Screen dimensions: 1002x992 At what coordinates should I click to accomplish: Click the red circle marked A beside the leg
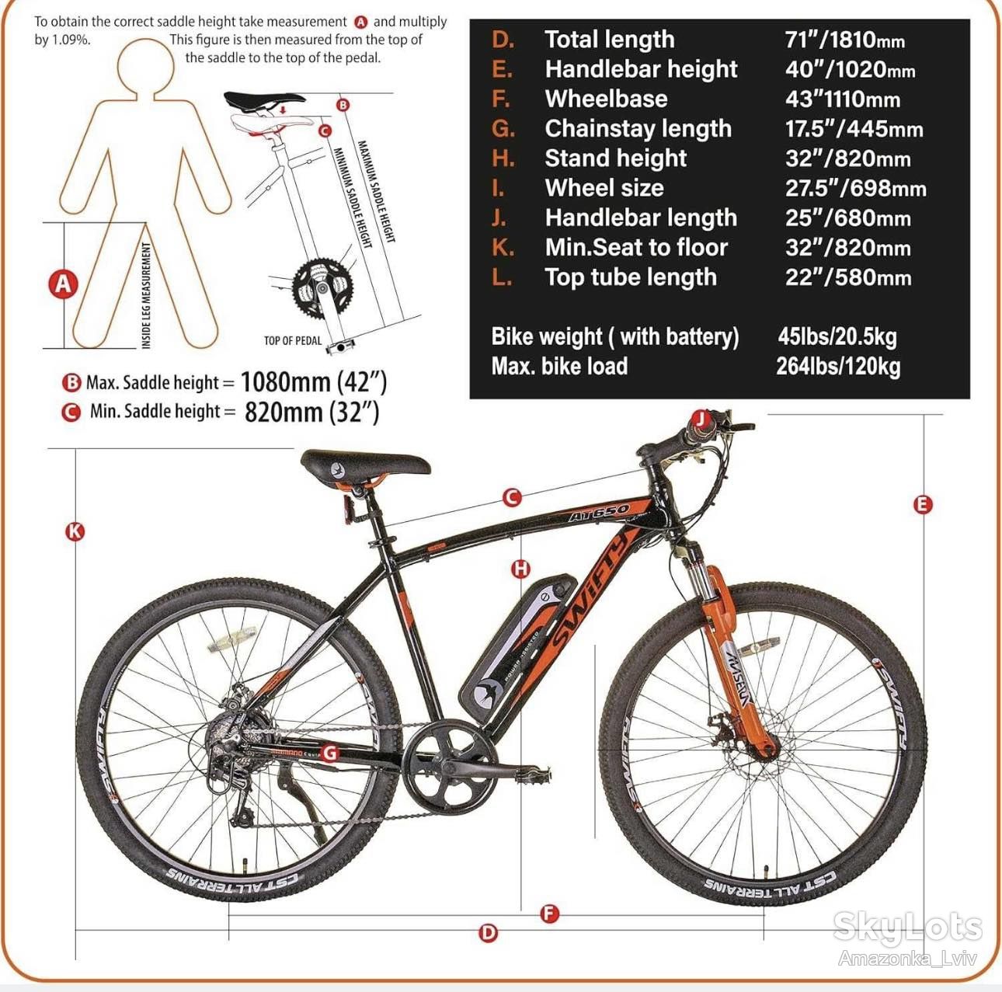(63, 284)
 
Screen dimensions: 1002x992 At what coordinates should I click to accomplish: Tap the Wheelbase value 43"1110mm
(842, 99)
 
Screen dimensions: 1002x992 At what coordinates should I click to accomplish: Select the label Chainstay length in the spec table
(638, 128)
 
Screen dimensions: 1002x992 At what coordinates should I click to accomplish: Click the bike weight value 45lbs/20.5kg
(837, 336)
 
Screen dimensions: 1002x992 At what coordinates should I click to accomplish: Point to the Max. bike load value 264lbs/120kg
(837, 366)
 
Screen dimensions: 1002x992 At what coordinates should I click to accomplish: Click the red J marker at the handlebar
(701, 418)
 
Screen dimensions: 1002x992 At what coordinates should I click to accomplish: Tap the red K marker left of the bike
(75, 531)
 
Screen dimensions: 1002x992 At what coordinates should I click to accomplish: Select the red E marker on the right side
(923, 504)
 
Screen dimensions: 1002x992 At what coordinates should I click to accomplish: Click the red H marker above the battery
(521, 569)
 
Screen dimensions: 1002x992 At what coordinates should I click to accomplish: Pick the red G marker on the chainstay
(329, 753)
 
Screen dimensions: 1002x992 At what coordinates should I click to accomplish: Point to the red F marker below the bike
(550, 914)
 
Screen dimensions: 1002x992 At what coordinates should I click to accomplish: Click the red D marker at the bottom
(488, 933)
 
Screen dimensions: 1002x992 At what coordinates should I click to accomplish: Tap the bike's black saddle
(365, 465)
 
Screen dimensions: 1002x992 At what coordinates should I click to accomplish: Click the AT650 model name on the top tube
(598, 513)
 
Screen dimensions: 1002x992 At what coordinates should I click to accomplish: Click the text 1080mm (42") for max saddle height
(314, 382)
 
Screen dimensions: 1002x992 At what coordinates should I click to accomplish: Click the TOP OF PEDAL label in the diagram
(293, 341)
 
